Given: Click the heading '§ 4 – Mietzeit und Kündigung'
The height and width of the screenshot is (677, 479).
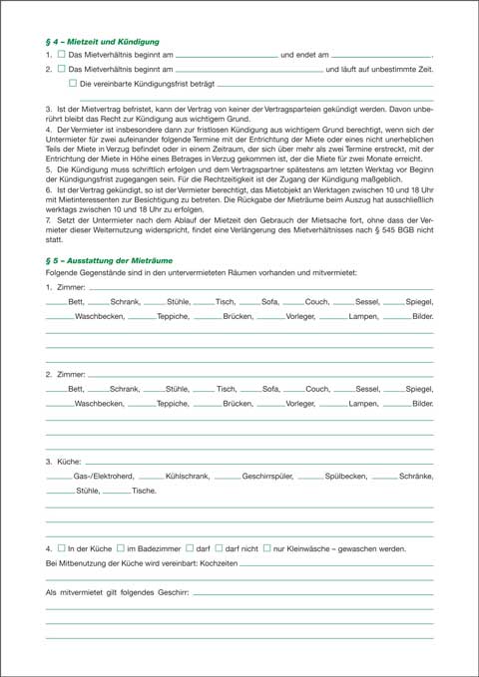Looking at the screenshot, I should click(103, 42).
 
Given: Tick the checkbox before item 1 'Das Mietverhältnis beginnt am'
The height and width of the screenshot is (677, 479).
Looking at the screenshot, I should click(62, 55).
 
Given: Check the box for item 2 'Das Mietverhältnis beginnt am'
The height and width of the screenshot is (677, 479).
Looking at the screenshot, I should click(62, 71).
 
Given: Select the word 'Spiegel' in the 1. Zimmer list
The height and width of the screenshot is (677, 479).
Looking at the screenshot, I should click(420, 302).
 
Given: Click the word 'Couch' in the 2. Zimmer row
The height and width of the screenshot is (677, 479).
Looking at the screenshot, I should click(317, 389).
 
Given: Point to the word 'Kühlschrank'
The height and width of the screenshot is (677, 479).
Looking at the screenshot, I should click(186, 477).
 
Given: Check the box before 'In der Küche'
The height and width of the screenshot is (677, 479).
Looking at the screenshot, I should click(62, 547).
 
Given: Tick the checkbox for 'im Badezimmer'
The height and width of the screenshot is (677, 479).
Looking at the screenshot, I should click(119, 547).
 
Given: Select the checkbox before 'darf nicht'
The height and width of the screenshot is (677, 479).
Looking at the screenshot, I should click(219, 547).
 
